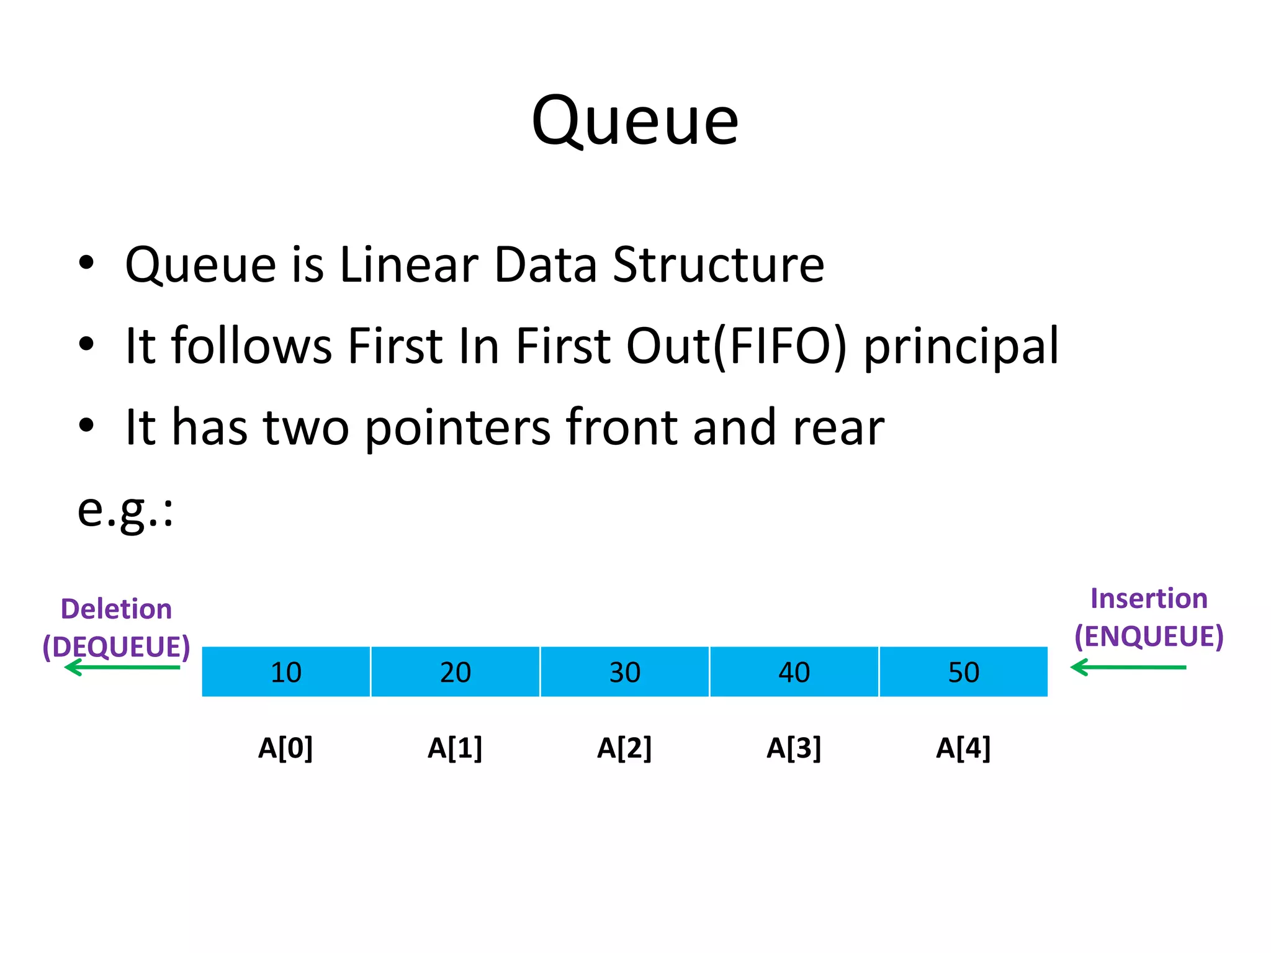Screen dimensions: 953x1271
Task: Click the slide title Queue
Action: click(635, 121)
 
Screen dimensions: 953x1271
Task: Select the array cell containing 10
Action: click(286, 672)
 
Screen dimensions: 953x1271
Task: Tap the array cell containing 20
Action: click(456, 672)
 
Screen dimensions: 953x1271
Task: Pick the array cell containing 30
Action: click(625, 672)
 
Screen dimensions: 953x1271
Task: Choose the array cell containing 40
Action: click(794, 672)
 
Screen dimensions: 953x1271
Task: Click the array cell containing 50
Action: click(964, 672)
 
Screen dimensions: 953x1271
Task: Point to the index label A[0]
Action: click(285, 748)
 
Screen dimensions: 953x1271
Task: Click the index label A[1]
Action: click(455, 748)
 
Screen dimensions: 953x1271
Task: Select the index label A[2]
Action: click(624, 748)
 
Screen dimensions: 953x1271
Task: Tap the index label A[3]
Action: click(794, 748)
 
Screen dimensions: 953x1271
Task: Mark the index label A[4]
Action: click(963, 748)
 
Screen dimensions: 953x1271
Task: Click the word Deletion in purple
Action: click(116, 609)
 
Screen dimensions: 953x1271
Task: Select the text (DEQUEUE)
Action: click(116, 647)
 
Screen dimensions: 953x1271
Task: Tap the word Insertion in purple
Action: click(1149, 599)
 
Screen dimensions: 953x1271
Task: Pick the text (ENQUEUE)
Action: click(1149, 637)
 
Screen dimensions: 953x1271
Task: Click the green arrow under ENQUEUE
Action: click(1128, 668)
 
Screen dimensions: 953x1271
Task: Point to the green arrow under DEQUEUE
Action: click(122, 668)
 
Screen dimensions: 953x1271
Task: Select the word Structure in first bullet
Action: click(718, 265)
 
